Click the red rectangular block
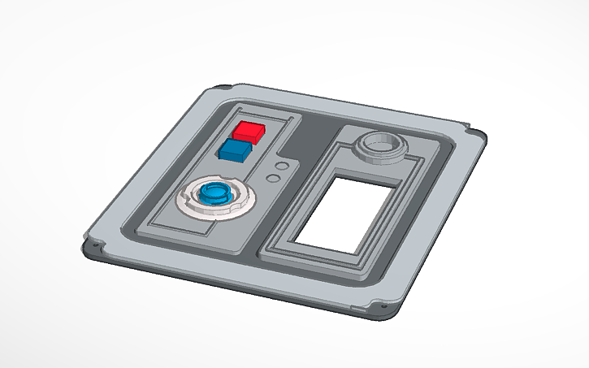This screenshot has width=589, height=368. pyautogui.click(x=247, y=132)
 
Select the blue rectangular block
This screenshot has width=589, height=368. pyautogui.click(x=235, y=151)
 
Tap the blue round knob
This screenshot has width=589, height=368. pyautogui.click(x=215, y=193)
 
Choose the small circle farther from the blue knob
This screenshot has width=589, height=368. pyautogui.click(x=283, y=165)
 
